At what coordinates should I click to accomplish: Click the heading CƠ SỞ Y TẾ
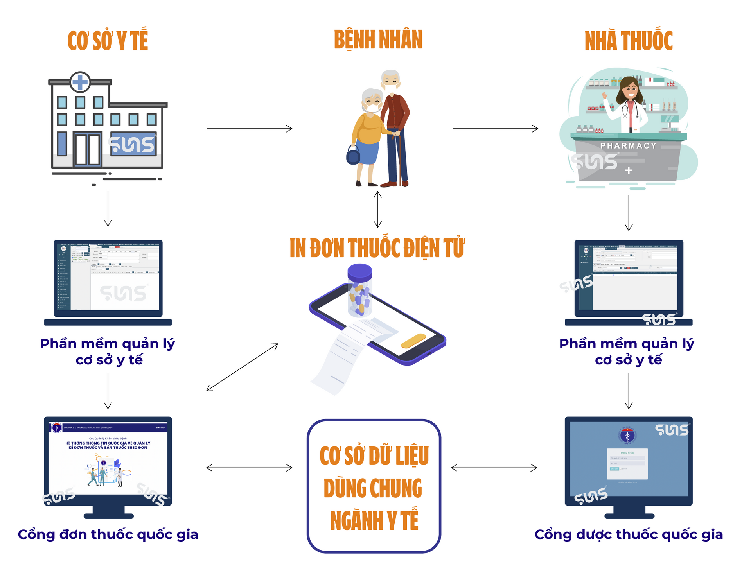(x=108, y=40)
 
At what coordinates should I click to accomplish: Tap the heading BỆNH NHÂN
(x=378, y=40)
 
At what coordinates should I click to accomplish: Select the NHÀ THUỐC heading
(x=629, y=41)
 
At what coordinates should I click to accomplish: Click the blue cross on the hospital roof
(x=80, y=82)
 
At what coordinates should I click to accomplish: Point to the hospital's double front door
(x=88, y=149)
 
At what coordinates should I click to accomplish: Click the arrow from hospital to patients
(x=249, y=128)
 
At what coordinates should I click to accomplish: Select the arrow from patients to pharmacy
(x=495, y=128)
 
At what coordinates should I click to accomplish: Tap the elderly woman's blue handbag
(x=353, y=156)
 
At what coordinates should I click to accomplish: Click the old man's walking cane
(x=400, y=160)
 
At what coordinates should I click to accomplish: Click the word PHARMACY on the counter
(x=628, y=146)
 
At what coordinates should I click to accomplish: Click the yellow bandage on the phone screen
(x=413, y=340)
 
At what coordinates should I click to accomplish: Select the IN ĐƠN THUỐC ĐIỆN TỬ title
(x=377, y=248)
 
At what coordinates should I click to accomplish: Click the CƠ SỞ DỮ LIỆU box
(x=374, y=486)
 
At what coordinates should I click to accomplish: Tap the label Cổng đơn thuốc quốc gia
(x=108, y=534)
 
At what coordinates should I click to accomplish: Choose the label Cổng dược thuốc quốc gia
(x=629, y=534)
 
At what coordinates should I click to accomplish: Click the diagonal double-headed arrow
(x=242, y=367)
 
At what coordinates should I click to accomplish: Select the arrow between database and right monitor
(x=494, y=468)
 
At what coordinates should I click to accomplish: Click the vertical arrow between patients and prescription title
(x=378, y=210)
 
